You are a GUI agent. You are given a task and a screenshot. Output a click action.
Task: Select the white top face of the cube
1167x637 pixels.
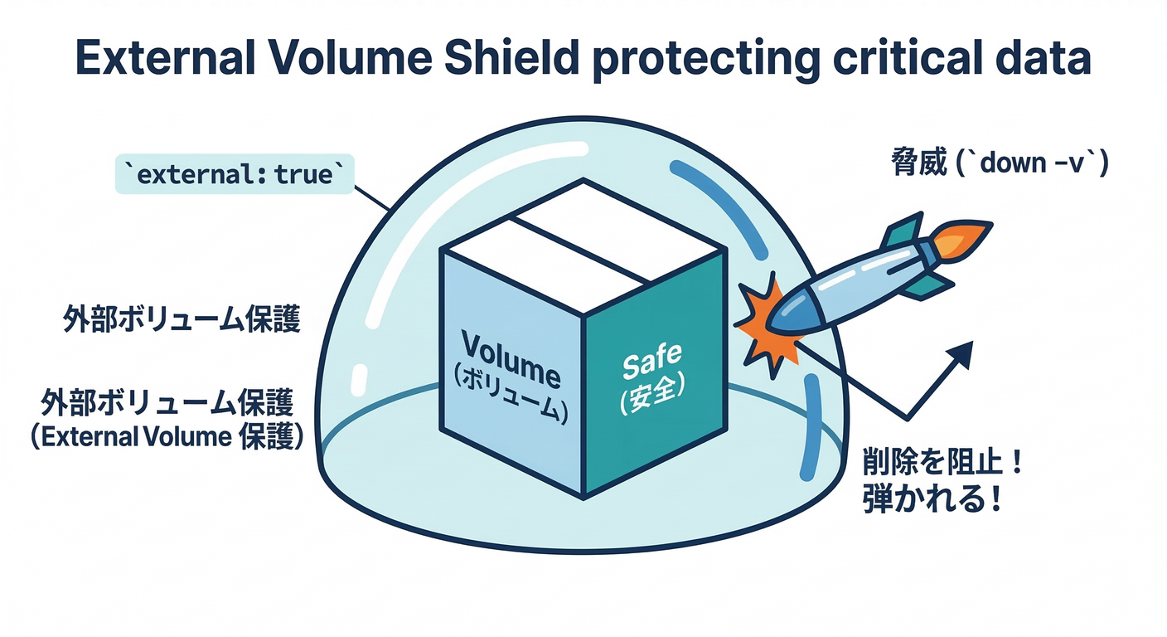tap(583, 234)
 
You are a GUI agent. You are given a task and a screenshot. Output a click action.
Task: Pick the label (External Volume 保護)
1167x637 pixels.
tap(166, 437)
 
